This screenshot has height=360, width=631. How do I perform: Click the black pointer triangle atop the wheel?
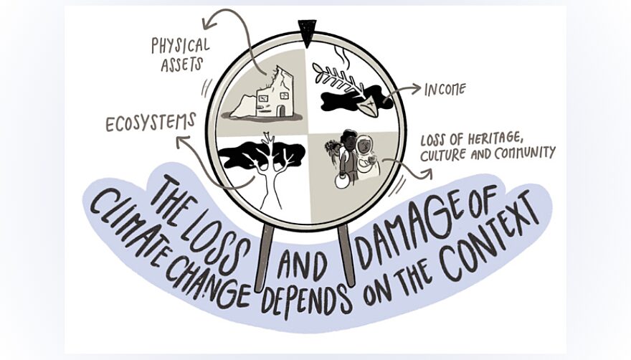(307, 33)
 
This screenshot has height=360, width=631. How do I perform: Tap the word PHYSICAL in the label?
(181, 45)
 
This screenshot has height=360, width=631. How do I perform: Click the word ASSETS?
(181, 65)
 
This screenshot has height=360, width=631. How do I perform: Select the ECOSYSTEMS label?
(151, 123)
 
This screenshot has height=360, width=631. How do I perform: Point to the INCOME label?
(445, 90)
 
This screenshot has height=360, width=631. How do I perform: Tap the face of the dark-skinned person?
(349, 141)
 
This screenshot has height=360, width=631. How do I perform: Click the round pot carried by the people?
(341, 181)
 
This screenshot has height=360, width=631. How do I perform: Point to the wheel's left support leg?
(264, 257)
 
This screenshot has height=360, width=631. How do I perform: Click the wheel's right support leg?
(346, 255)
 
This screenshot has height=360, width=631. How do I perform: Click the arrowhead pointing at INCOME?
(417, 88)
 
